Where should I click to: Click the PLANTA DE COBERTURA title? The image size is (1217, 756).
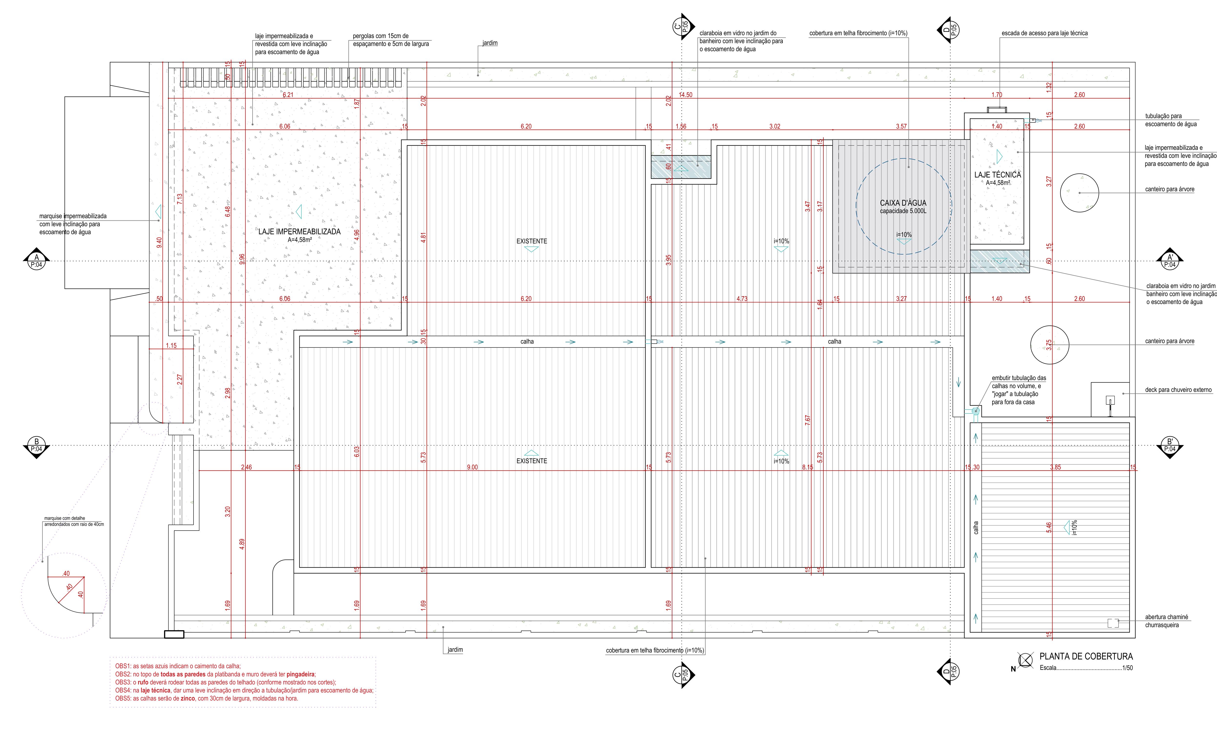coord(1086,656)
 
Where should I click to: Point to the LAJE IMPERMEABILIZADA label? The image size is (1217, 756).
coord(299,232)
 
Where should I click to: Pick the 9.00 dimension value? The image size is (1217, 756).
coord(472,468)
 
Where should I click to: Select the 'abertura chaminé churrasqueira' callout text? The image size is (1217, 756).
coord(1166,621)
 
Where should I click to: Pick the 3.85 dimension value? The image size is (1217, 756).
coord(1055,468)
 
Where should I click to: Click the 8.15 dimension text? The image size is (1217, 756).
coord(807,468)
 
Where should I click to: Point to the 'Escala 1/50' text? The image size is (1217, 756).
coord(1086,668)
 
